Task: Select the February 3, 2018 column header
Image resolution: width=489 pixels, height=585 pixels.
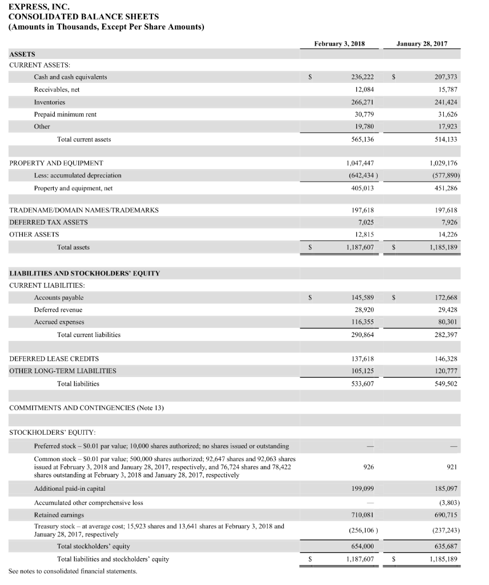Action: (x=340, y=43)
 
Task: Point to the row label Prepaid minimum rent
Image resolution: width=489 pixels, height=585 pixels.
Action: (x=65, y=114)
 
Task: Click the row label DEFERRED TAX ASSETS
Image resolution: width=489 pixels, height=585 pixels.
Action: (x=49, y=222)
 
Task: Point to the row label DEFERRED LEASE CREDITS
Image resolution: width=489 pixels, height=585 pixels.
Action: (x=54, y=359)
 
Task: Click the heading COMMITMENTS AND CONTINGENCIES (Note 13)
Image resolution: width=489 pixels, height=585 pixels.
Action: (x=87, y=407)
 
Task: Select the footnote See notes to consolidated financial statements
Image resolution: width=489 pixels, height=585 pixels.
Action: (x=73, y=571)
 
